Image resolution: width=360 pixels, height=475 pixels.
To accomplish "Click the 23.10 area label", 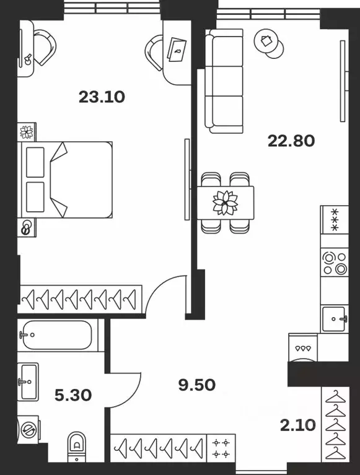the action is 102,97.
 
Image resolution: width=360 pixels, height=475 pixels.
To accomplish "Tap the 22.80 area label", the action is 291,141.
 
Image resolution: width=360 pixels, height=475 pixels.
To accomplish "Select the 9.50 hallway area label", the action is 197,385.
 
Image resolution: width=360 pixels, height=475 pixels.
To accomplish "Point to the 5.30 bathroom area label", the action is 73,395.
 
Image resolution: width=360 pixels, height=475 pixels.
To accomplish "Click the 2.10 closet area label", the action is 298,425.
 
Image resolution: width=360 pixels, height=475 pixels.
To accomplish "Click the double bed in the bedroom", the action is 65,180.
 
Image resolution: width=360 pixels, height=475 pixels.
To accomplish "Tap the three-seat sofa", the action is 224,81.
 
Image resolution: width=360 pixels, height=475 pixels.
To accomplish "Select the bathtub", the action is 58,335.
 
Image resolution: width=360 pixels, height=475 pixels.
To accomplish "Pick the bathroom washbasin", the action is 28,381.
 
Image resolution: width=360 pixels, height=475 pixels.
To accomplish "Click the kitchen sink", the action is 334,319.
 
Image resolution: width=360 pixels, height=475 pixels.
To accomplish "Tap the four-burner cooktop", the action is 335,263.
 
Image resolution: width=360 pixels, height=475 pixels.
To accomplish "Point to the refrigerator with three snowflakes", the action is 335,220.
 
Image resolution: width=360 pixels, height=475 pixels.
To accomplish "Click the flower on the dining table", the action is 225,203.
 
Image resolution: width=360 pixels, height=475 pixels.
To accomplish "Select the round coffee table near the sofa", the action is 268,43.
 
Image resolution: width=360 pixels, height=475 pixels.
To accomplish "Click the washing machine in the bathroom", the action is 28,429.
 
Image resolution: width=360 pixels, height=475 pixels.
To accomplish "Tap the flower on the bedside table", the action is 27,132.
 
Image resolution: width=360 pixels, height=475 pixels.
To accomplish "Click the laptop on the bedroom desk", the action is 177,50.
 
